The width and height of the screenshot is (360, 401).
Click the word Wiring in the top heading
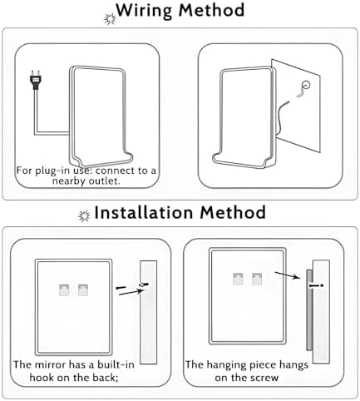150,12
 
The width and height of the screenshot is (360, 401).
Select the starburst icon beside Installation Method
83,215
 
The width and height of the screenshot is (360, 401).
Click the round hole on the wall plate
308,85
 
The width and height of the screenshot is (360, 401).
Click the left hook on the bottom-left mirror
64,290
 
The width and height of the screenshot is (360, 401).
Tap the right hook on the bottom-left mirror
82,290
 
